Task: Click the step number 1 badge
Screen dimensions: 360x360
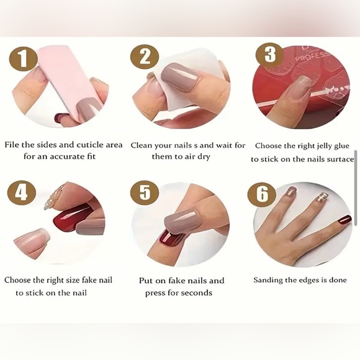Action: tap(23, 59)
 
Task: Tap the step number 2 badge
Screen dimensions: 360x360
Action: tap(145, 56)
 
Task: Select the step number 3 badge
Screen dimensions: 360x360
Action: tap(270, 55)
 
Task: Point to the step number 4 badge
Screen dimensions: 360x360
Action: tap(22, 192)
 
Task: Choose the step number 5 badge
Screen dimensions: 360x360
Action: tap(145, 192)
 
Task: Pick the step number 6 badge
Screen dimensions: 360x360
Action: tap(262, 194)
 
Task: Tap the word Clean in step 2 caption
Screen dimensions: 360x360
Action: tap(142, 146)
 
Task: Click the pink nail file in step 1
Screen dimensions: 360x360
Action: tap(69, 83)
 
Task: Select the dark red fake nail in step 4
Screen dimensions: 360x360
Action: tap(73, 217)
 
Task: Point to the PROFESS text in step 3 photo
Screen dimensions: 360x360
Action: tap(312, 56)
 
